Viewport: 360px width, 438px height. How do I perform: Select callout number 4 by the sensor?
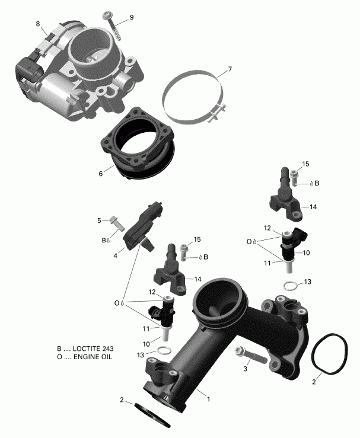(116, 257)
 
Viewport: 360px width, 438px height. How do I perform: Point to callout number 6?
(101, 174)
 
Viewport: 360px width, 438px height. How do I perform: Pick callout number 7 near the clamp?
(230, 69)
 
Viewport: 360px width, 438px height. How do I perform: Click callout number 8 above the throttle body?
(38, 24)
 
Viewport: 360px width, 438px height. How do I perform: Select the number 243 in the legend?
(106, 349)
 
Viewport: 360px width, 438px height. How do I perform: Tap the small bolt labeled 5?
(116, 224)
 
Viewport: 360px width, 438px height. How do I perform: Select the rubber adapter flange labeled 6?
(140, 148)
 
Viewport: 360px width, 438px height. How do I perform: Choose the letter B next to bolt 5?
(104, 241)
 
